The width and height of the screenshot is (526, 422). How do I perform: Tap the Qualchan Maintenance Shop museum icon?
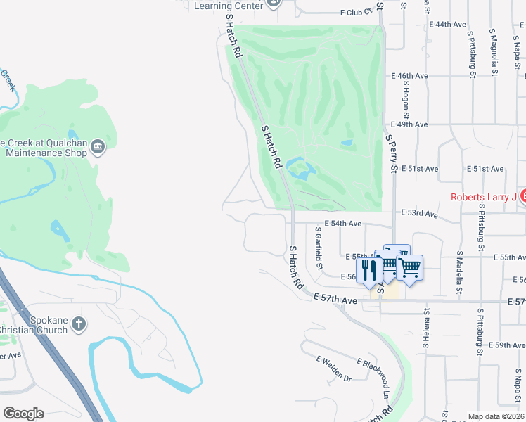tap(97, 146)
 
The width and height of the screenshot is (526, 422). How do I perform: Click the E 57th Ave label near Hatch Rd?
tap(335, 300)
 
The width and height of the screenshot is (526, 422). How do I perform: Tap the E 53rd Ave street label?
tap(419, 213)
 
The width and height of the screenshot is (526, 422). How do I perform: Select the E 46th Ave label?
tap(410, 76)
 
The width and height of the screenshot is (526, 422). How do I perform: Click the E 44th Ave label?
tap(447, 24)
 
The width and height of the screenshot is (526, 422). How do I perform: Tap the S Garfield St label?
tap(319, 248)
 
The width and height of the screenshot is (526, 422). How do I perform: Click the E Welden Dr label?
tap(333, 369)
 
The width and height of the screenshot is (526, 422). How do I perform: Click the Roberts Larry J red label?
tap(484, 197)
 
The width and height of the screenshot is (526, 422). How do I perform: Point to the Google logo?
tap(23, 414)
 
